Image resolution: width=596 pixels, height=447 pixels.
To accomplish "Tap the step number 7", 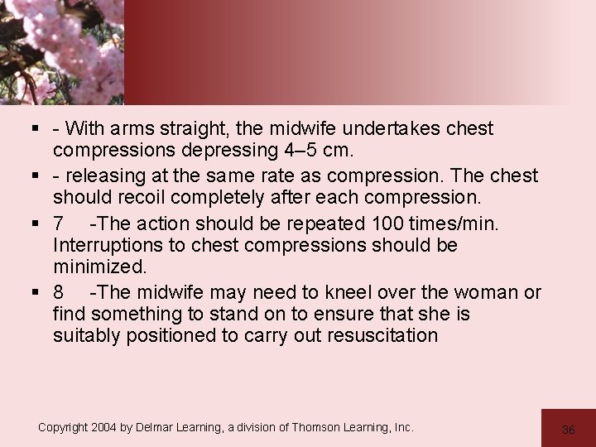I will [x=59, y=223].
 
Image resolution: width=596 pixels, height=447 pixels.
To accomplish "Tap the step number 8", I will [x=59, y=292].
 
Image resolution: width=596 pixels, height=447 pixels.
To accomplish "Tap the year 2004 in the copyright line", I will [x=104, y=428].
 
